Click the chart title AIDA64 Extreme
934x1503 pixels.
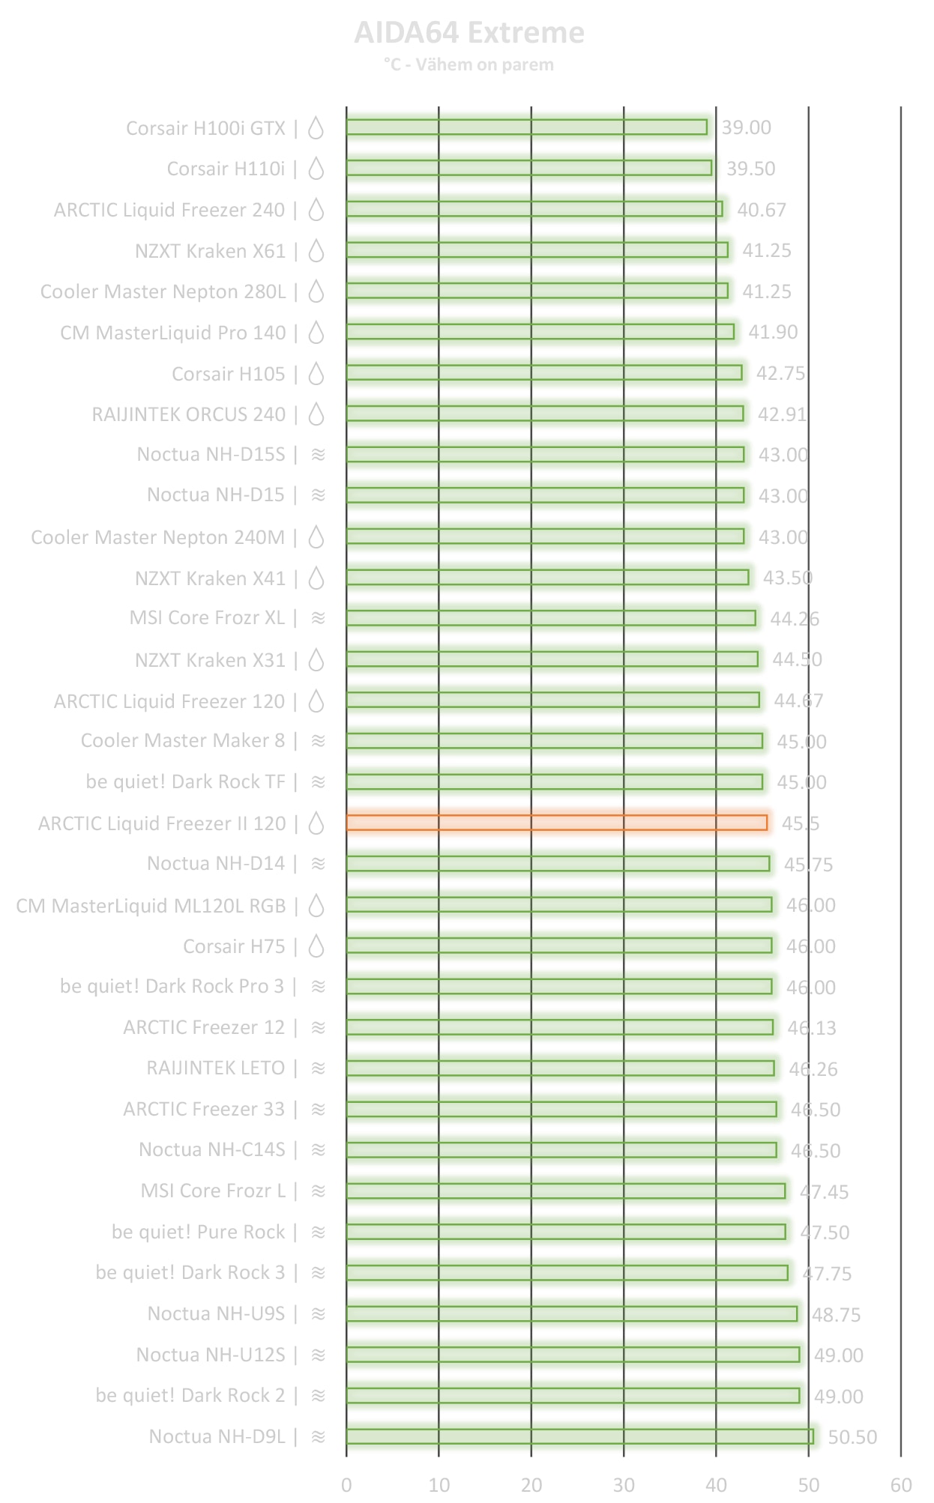(x=468, y=33)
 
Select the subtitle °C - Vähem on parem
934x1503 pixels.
(x=468, y=65)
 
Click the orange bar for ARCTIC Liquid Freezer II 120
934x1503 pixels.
(x=556, y=823)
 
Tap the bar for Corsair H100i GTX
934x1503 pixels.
(x=526, y=127)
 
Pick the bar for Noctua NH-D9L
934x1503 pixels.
(x=579, y=1436)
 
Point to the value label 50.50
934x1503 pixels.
(x=852, y=1437)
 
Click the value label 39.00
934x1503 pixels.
(x=746, y=128)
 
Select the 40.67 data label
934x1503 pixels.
(x=762, y=210)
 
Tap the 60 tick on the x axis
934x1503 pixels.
(x=901, y=1485)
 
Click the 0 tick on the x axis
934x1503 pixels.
(x=346, y=1485)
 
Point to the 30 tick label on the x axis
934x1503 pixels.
(x=624, y=1485)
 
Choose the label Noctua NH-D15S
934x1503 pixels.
(x=211, y=455)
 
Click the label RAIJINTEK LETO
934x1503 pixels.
(x=215, y=1068)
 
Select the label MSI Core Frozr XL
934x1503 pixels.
(x=207, y=618)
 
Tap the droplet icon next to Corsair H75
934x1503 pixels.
(x=317, y=946)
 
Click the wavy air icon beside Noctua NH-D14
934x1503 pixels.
(x=319, y=864)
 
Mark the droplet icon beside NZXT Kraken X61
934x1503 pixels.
(x=317, y=251)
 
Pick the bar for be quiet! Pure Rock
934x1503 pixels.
(x=566, y=1232)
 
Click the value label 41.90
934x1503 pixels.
(x=773, y=332)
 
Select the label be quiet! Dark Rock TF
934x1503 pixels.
(x=185, y=782)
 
